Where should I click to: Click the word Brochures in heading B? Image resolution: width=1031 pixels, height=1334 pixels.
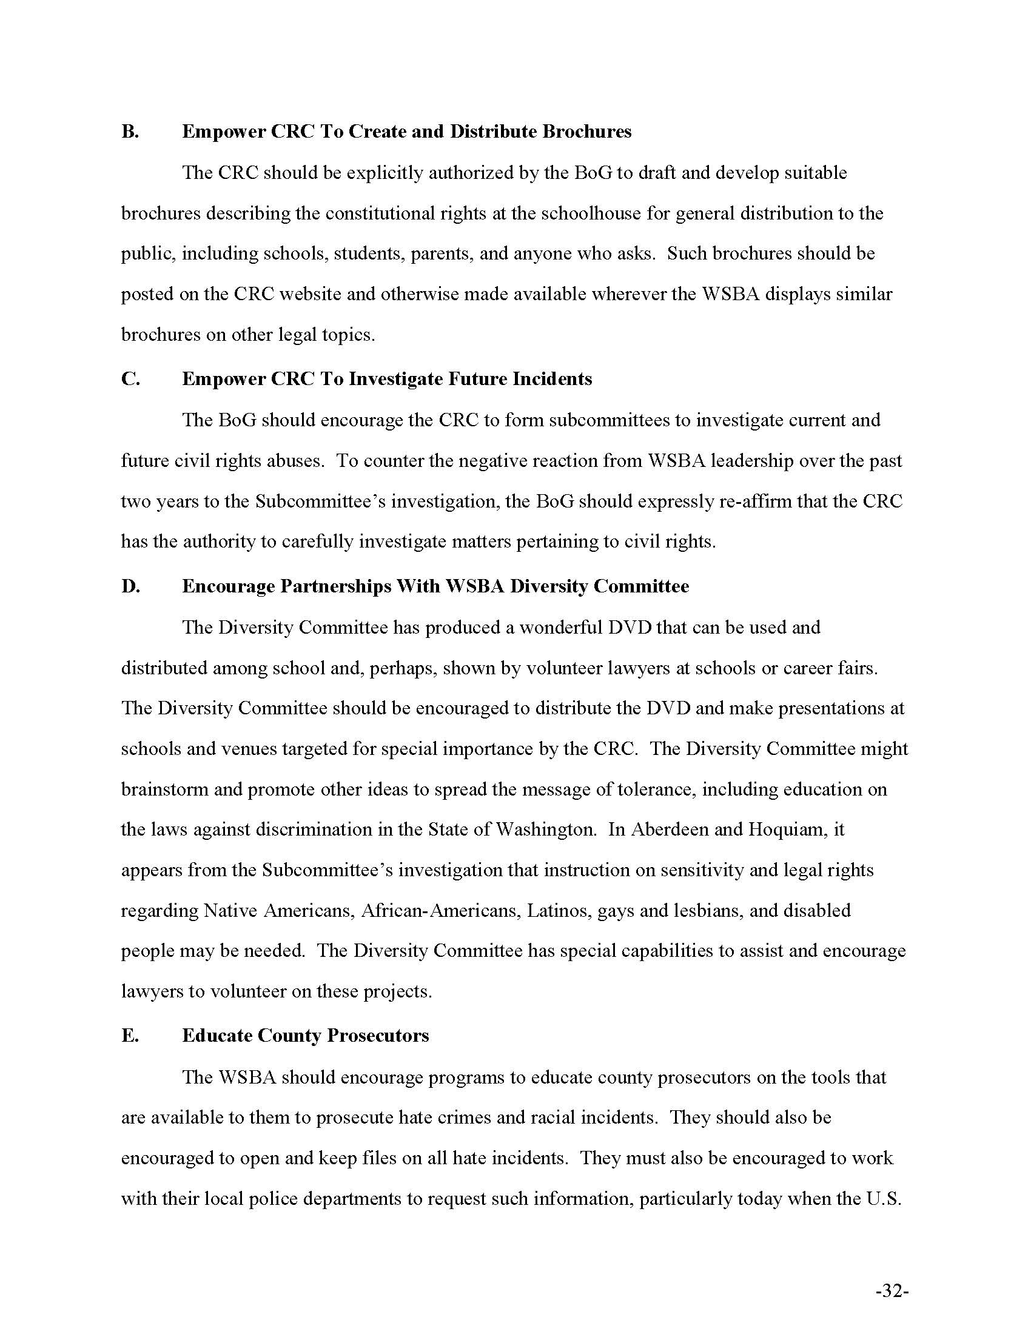tap(586, 132)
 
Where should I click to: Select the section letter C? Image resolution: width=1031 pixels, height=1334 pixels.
tap(130, 380)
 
